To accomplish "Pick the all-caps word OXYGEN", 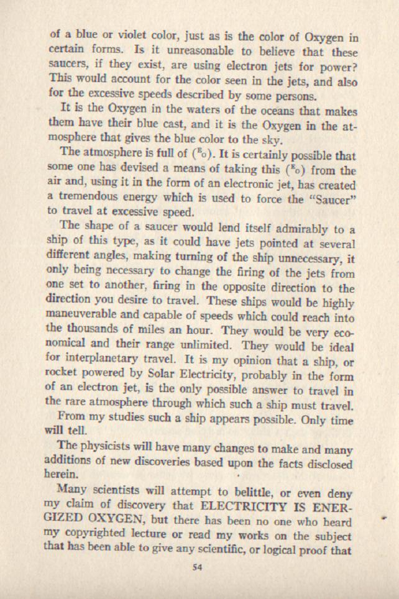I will click(x=127, y=521).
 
